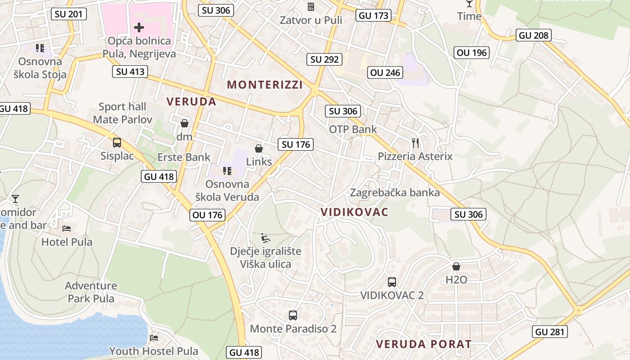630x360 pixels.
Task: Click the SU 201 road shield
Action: pyautogui.click(x=68, y=14)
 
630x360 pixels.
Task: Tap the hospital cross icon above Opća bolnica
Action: pyautogui.click(x=139, y=27)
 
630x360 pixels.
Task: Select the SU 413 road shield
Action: pyautogui.click(x=130, y=71)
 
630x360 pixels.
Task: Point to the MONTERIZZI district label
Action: pyautogui.click(x=265, y=85)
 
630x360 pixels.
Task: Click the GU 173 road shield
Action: pyautogui.click(x=373, y=16)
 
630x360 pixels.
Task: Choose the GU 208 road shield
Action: pyautogui.click(x=534, y=35)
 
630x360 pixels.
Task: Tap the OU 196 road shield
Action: pyautogui.click(x=472, y=53)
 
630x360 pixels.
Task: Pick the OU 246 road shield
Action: pyautogui.click(x=386, y=72)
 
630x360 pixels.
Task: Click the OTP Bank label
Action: pyautogui.click(x=353, y=130)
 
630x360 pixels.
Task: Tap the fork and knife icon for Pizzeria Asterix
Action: pyautogui.click(x=415, y=143)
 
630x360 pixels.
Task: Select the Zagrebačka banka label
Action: pyautogui.click(x=395, y=193)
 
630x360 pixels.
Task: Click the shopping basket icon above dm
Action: pyautogui.click(x=184, y=123)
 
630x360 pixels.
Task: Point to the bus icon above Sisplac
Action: pyautogui.click(x=117, y=143)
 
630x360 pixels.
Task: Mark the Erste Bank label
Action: pyautogui.click(x=184, y=157)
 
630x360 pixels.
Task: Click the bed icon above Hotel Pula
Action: pyautogui.click(x=67, y=229)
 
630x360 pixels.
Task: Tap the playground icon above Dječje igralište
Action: pyautogui.click(x=265, y=238)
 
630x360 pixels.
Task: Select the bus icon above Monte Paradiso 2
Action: pyautogui.click(x=293, y=315)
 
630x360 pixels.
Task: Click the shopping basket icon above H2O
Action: pyautogui.click(x=456, y=266)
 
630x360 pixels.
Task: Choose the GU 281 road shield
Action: pyautogui.click(x=549, y=332)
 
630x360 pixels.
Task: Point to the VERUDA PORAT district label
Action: pyautogui.click(x=423, y=344)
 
